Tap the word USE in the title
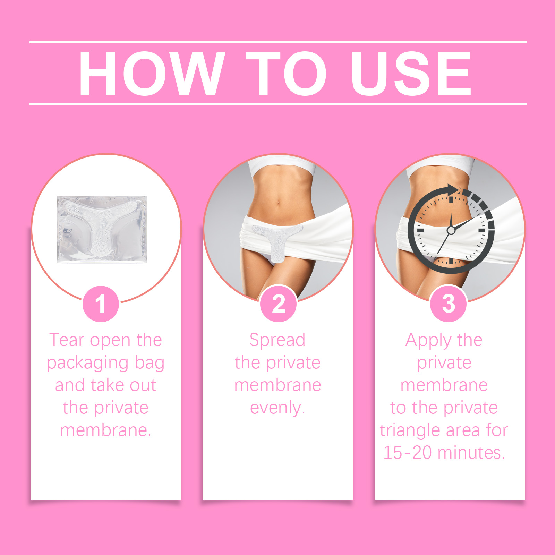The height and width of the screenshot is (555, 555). tap(411, 74)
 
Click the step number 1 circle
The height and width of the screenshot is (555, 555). tap(101, 304)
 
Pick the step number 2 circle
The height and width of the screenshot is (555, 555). tap(279, 304)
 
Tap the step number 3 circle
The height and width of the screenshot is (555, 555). tap(449, 304)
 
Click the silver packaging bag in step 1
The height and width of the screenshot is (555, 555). tap(102, 229)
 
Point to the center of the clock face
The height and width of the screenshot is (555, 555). tap(451, 230)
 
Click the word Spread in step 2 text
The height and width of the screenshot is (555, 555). tap(277, 340)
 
